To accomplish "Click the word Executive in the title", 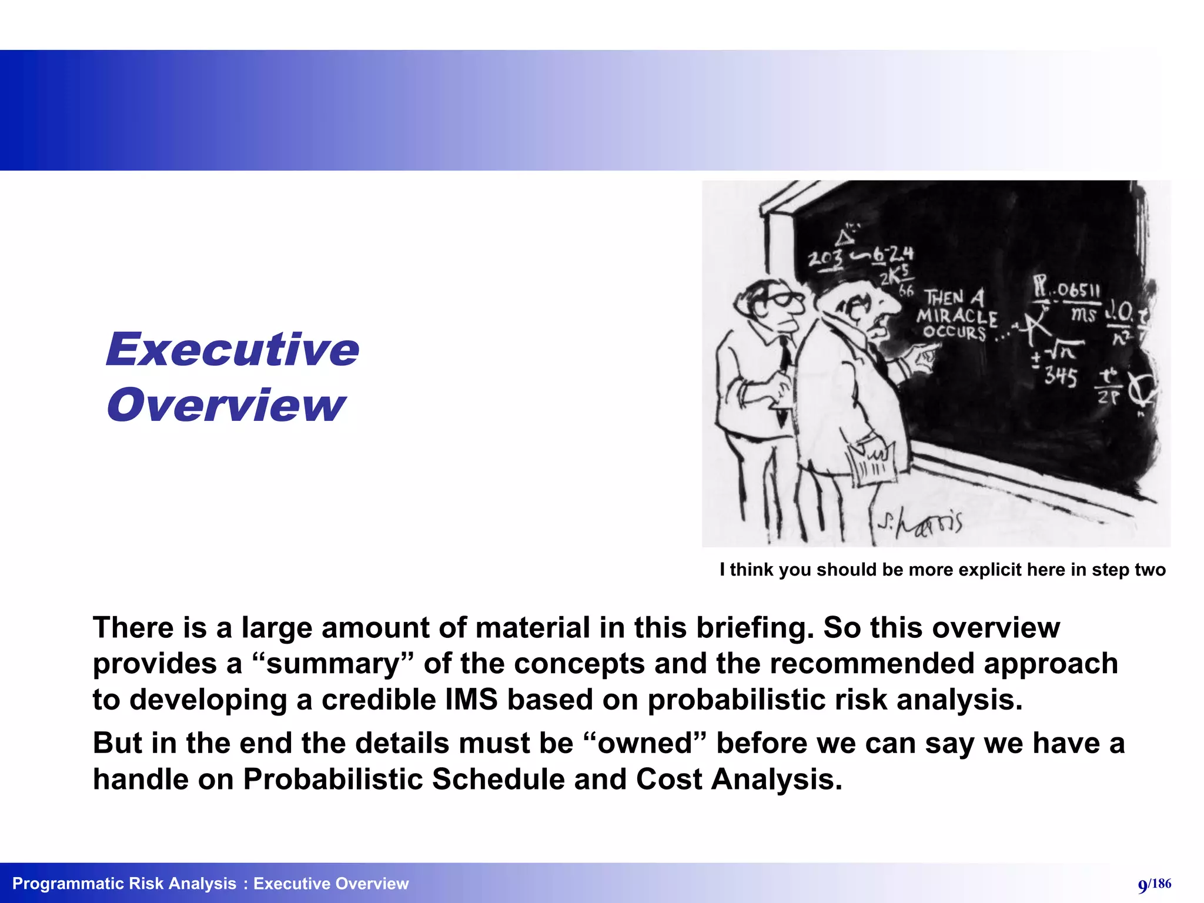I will pyautogui.click(x=232, y=350).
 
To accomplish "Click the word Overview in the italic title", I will pyautogui.click(x=226, y=406).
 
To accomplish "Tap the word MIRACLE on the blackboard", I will pyautogui.click(x=957, y=317).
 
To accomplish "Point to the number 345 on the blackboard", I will pyautogui.click(x=1061, y=376).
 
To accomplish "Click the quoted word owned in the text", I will pyautogui.click(x=646, y=743).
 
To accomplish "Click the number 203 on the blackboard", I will pyautogui.click(x=825, y=259).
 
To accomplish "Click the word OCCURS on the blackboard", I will pyautogui.click(x=954, y=333).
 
